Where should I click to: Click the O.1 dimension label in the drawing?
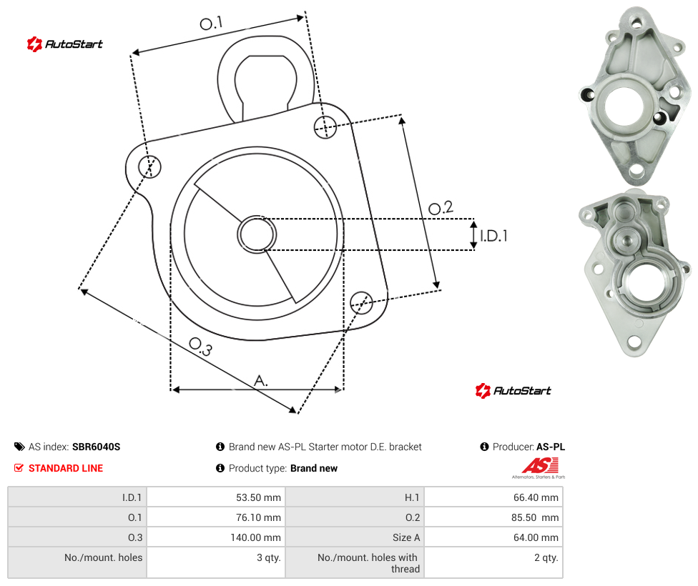211,23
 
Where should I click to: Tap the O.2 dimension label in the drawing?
441,208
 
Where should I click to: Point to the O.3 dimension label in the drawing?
201,347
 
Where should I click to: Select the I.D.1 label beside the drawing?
493,235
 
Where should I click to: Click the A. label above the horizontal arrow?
261,381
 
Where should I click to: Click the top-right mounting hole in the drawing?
325,126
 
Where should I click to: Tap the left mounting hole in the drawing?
149,167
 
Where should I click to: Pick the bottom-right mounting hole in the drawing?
361,302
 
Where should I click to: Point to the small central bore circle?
257,234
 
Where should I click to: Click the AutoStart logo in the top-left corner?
65,44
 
